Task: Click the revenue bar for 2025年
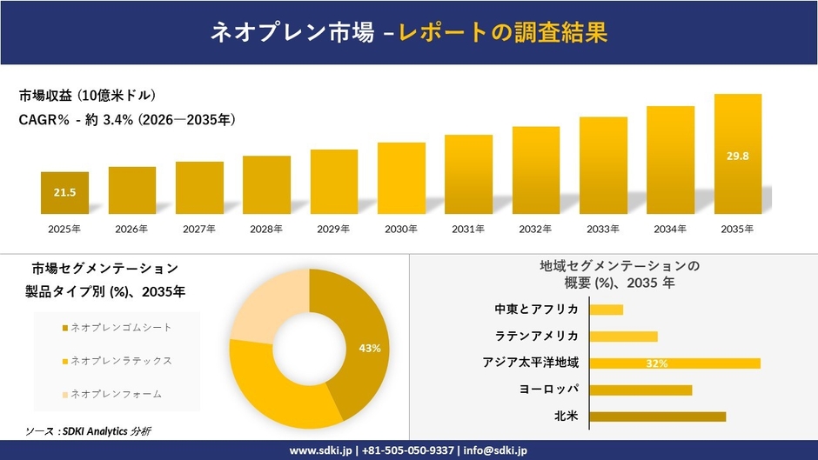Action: pyautogui.click(x=64, y=193)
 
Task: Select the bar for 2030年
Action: pyautogui.click(x=401, y=178)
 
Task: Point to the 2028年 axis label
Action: pyautogui.click(x=266, y=230)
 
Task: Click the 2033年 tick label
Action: pyautogui.click(x=603, y=230)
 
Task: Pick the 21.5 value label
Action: pyautogui.click(x=65, y=192)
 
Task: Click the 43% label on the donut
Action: pyautogui.click(x=370, y=348)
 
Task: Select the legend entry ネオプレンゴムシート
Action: pyautogui.click(x=120, y=327)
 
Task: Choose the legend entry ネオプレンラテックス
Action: pyautogui.click(x=120, y=360)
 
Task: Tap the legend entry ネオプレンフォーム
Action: pyautogui.click(x=115, y=394)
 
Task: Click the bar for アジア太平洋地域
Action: pyautogui.click(x=674, y=363)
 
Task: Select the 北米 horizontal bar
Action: pyautogui.click(x=657, y=417)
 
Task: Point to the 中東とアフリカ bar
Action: pyautogui.click(x=607, y=310)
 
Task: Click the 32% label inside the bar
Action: pyautogui.click(x=657, y=363)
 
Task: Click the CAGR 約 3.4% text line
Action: pyautogui.click(x=127, y=120)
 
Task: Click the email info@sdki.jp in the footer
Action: pyautogui.click(x=495, y=450)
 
